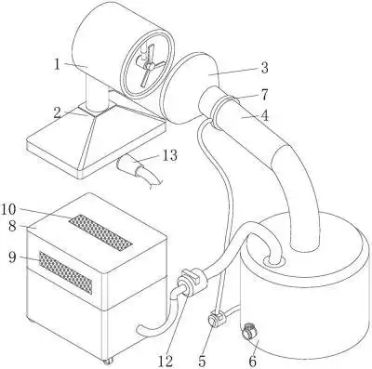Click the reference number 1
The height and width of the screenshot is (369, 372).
point(57,64)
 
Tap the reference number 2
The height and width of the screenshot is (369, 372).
point(58,112)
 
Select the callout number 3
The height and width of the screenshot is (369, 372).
point(264,68)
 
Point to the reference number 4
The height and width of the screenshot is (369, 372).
point(264,115)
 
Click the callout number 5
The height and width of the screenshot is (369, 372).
point(202,361)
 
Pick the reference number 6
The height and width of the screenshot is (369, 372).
point(253,361)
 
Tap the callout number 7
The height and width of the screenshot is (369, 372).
point(264,95)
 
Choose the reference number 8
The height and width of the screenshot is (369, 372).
point(12,226)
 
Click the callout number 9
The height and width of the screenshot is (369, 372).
point(12,257)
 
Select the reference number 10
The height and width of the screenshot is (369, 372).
point(8,209)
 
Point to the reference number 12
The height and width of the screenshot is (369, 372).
point(165,361)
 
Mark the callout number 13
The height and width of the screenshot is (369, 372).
point(169,155)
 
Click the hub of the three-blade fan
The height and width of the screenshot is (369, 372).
point(149,66)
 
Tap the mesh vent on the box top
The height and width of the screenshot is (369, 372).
point(100,232)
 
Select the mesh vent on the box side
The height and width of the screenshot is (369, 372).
point(66,272)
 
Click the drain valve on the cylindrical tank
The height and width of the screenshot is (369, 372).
point(249,331)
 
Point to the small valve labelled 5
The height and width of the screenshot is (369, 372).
point(216,319)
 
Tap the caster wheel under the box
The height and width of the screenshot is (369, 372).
point(108,362)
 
